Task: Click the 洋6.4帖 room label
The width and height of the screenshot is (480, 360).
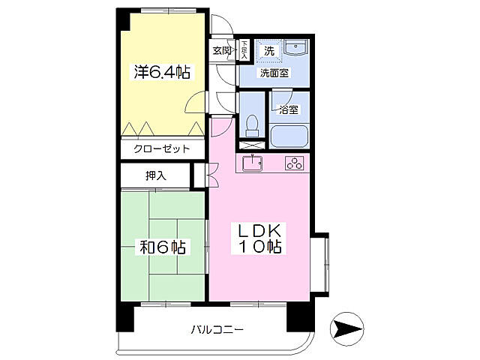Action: (x=161, y=73)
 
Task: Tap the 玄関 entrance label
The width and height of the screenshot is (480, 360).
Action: (x=221, y=51)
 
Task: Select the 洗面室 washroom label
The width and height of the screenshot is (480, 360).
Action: (x=274, y=73)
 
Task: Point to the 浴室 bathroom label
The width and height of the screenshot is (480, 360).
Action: (x=289, y=109)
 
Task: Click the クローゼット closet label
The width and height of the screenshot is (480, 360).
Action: (x=161, y=149)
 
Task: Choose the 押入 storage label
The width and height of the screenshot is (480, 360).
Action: (x=156, y=176)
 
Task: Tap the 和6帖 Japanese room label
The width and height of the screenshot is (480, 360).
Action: (x=161, y=246)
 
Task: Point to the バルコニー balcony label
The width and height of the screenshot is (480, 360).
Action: (x=217, y=329)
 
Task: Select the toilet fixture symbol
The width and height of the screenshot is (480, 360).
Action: (x=252, y=122)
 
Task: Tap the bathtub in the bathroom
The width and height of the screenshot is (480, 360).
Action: (x=289, y=137)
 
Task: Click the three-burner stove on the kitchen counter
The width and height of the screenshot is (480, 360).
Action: (x=293, y=163)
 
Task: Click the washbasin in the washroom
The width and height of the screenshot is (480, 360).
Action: (x=298, y=48)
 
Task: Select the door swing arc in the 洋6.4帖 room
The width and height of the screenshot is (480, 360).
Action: (x=194, y=102)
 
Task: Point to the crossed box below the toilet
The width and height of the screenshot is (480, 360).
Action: (x=251, y=141)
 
